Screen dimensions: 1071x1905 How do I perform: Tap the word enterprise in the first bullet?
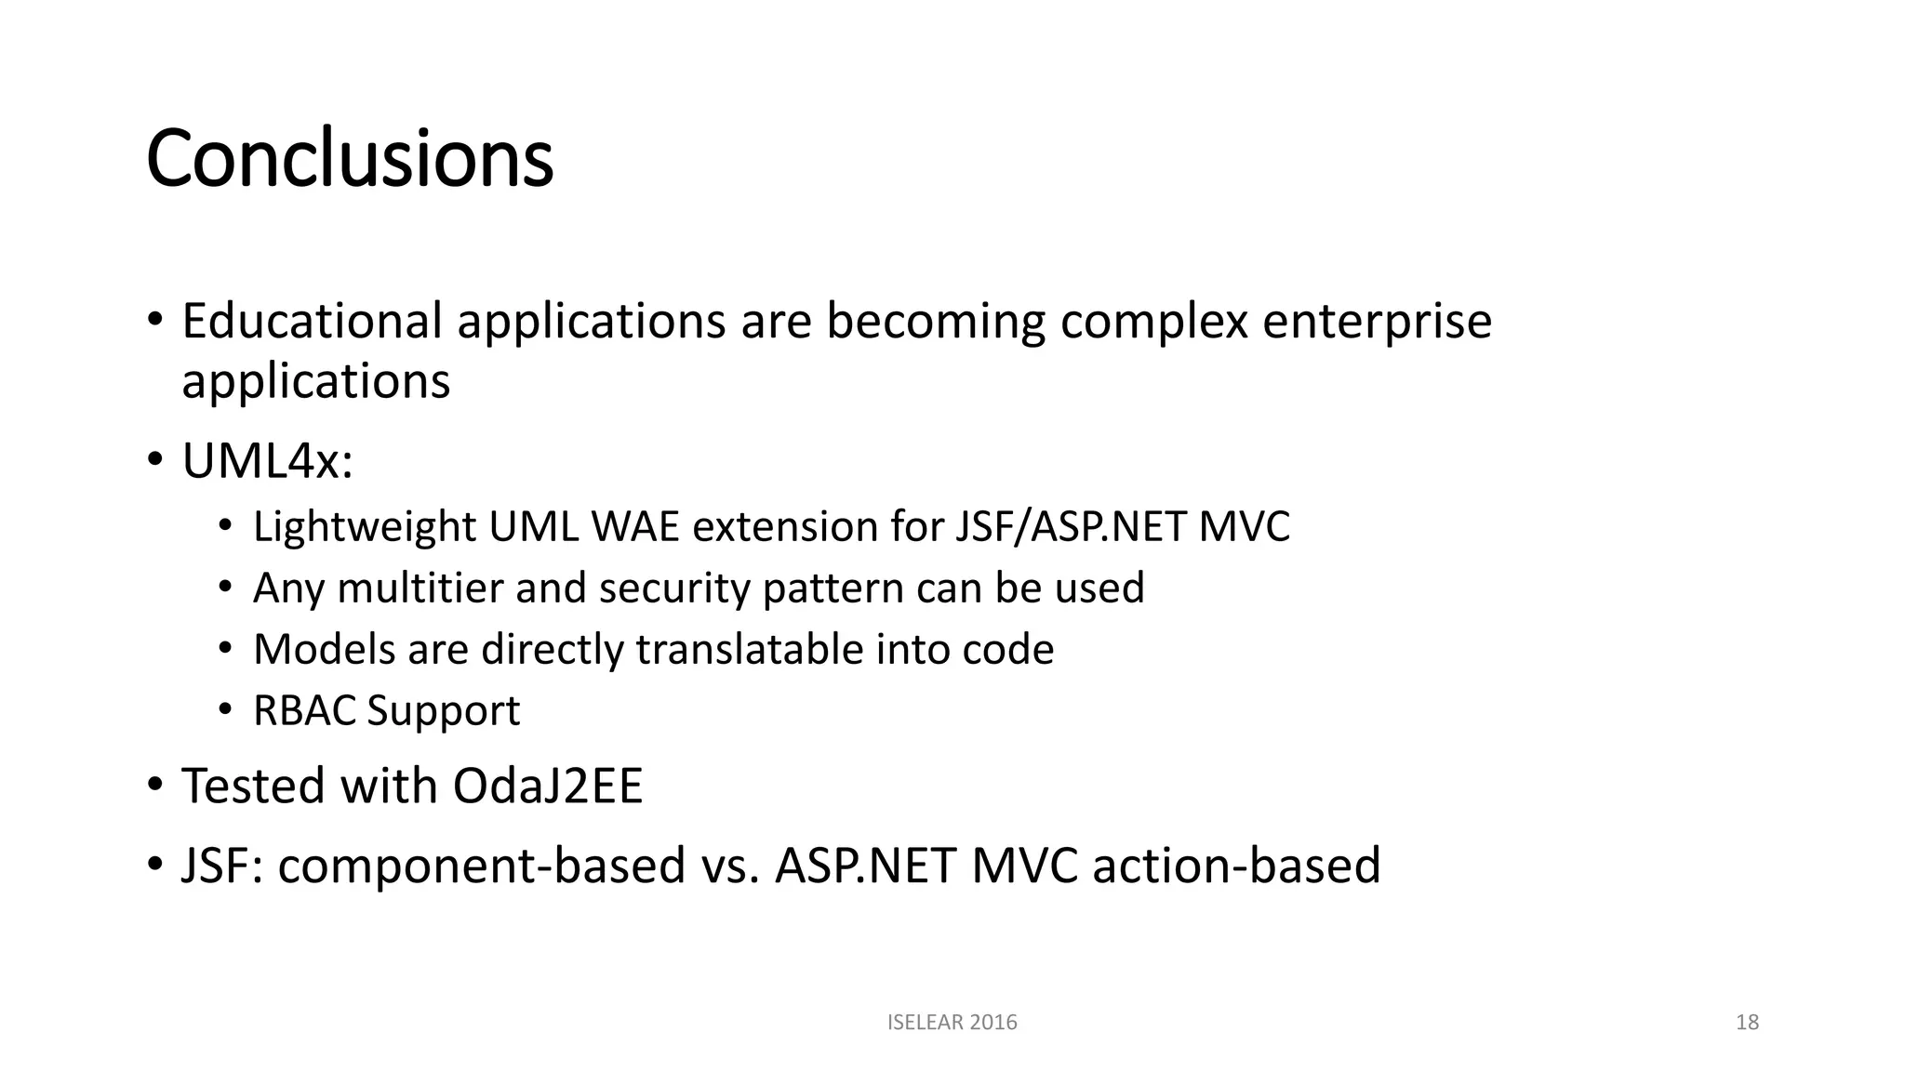1377,323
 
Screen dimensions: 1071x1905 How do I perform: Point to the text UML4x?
267,460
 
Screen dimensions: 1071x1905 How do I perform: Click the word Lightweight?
364,527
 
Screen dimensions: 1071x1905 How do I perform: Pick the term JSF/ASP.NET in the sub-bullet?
1070,527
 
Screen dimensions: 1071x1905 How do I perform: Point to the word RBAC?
304,710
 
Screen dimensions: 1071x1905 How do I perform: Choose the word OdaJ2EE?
547,786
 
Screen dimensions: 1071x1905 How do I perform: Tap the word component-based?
481,866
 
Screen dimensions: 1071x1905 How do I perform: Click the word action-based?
1236,866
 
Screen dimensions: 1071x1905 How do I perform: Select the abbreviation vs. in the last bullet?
730,866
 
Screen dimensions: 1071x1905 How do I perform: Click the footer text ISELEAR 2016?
952,1023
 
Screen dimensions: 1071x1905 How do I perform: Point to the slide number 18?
1747,1023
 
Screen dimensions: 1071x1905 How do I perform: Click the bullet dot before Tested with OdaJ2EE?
154,786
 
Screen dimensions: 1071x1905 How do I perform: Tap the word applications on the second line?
315,381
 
